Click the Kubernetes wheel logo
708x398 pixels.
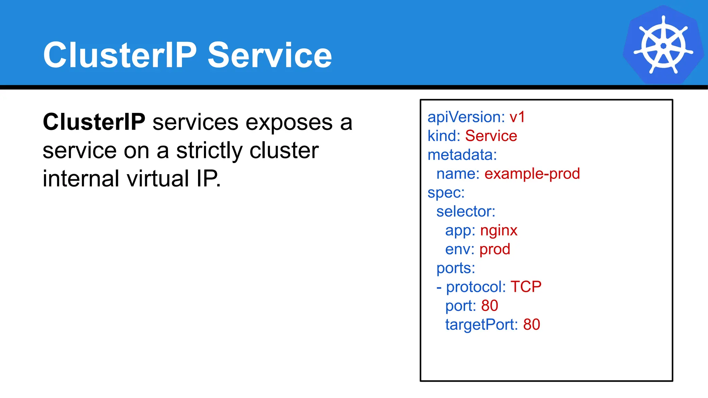pyautogui.click(x=663, y=45)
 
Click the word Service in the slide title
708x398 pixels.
pyautogui.click(x=270, y=55)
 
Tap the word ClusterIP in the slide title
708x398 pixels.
pyautogui.click(x=120, y=55)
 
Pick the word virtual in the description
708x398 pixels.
pyautogui.click(x=158, y=179)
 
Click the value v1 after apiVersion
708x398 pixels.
pyautogui.click(x=517, y=117)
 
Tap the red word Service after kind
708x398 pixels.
pyautogui.click(x=491, y=136)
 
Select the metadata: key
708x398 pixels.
pyautogui.click(x=462, y=155)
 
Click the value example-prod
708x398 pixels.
pyautogui.click(x=532, y=173)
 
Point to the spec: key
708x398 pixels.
pyautogui.click(x=446, y=193)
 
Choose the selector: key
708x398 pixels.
pyautogui.click(x=466, y=211)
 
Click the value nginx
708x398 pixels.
pyautogui.click(x=499, y=230)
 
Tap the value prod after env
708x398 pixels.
pyautogui.click(x=495, y=249)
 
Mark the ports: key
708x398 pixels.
pyautogui.click(x=456, y=268)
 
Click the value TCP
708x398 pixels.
pyautogui.click(x=526, y=287)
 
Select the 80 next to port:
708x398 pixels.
pyautogui.click(x=490, y=306)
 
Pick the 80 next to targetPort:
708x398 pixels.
pyautogui.click(x=531, y=325)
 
